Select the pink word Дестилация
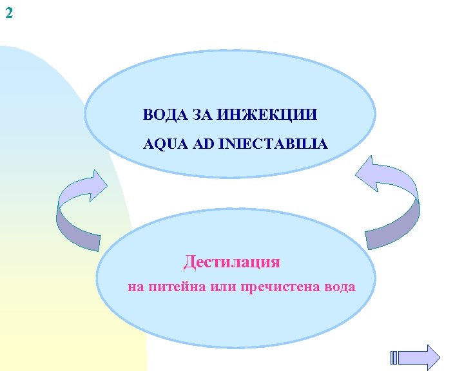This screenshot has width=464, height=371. tap(232, 262)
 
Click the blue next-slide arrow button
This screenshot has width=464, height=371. tap(423, 357)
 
